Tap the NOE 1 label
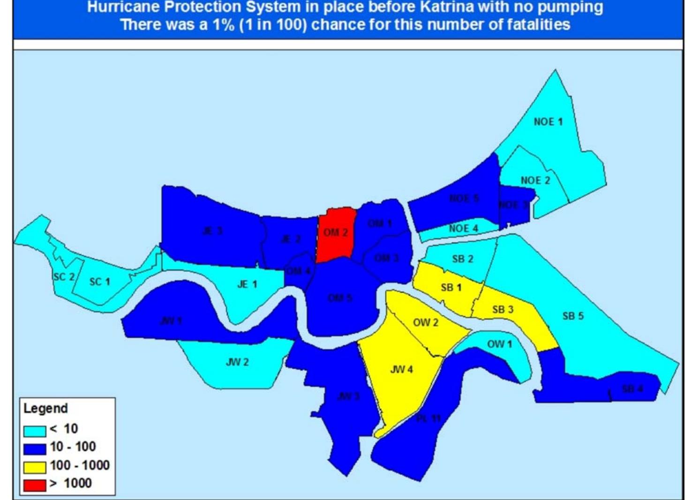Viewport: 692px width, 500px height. point(548,122)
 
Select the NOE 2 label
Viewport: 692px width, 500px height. point(535,180)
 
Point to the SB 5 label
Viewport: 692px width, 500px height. point(573,316)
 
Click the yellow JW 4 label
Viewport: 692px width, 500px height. point(401,370)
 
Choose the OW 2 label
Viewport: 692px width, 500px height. point(426,323)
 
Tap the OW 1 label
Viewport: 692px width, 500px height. point(499,344)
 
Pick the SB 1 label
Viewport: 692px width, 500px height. point(451,287)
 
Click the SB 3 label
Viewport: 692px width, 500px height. point(503,310)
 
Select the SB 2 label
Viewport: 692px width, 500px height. point(462,259)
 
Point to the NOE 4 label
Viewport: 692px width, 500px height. point(463,229)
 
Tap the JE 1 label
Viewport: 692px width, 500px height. point(247,284)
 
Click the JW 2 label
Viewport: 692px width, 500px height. point(237,362)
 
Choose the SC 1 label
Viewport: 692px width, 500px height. point(99,282)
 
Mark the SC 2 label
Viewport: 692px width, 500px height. point(64,277)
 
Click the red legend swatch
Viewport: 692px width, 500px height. point(35,485)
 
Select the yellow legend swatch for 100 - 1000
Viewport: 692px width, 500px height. point(35,467)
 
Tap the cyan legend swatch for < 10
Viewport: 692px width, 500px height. point(35,430)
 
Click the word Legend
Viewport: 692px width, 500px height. point(45,408)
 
